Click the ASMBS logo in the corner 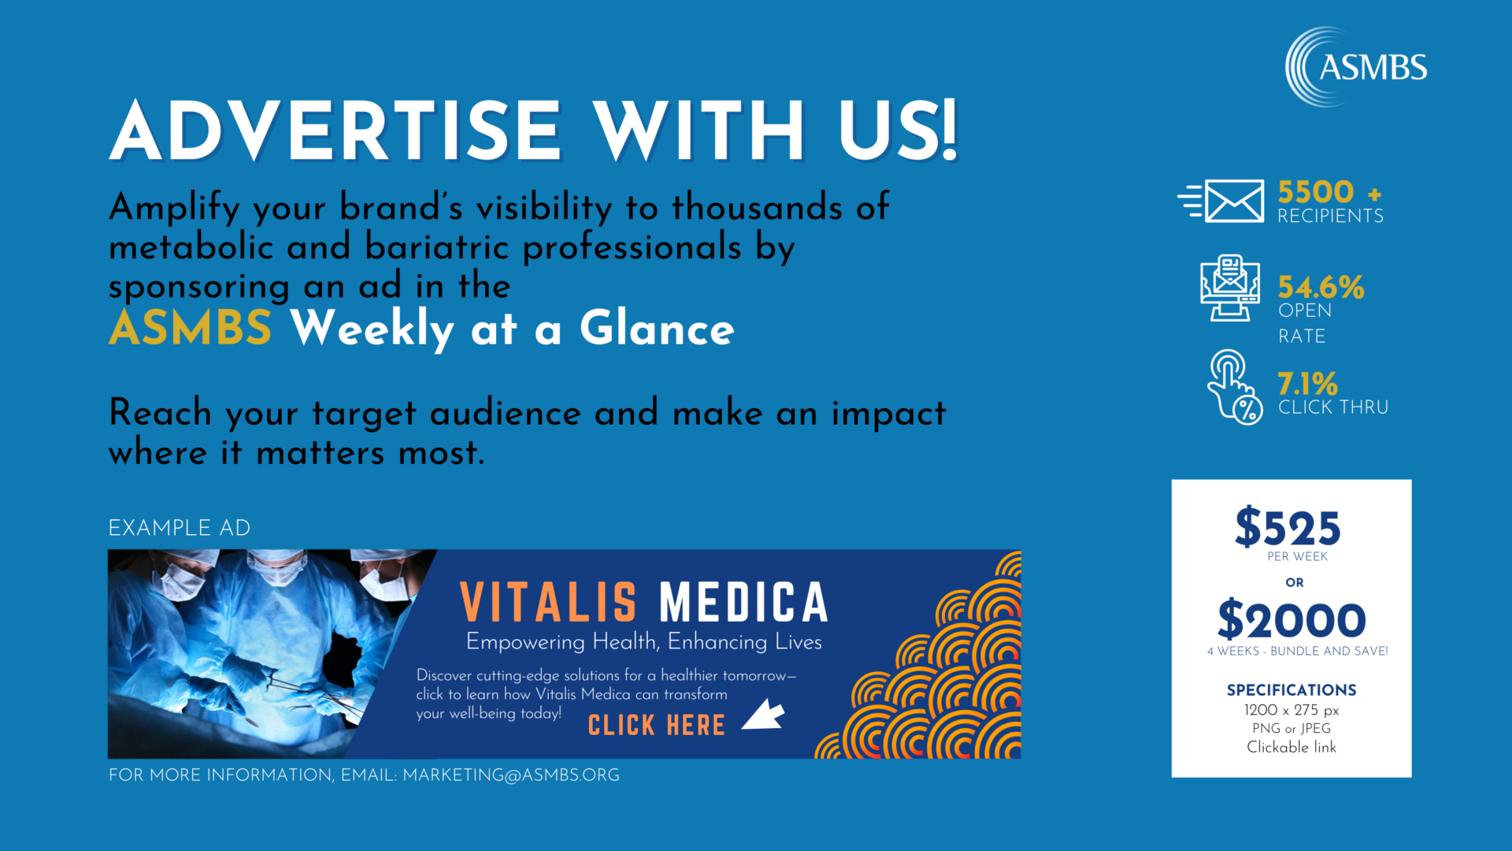click(1356, 67)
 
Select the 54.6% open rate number click(1321, 287)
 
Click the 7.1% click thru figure click(1307, 384)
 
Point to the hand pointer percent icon click(1234, 388)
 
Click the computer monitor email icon click(1229, 288)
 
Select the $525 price click(1288, 527)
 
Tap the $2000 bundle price click(1291, 620)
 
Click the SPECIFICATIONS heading click(1291, 689)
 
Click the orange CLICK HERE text click(656, 725)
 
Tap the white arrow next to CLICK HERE click(764, 715)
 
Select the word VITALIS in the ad click(548, 603)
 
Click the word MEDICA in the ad click(743, 603)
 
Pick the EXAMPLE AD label click(180, 528)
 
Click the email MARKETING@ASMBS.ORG click(511, 775)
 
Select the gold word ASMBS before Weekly click(191, 328)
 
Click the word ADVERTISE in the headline click(335, 131)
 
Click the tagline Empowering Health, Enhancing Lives click(643, 642)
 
